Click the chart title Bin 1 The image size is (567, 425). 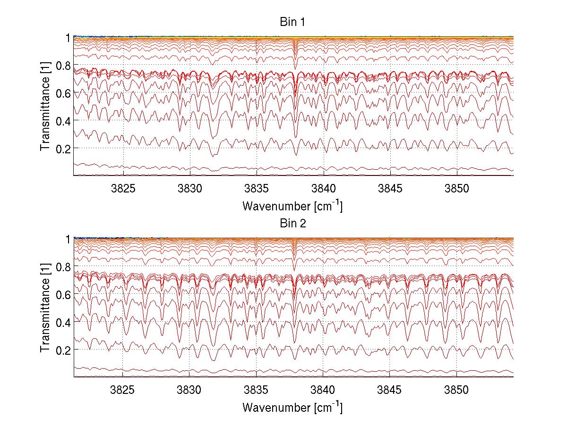tap(293, 22)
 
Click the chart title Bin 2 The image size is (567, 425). tap(293, 224)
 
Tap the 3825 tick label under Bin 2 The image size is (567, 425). tap(123, 389)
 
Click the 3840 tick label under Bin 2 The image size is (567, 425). tap(323, 389)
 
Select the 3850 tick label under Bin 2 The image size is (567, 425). tap(457, 389)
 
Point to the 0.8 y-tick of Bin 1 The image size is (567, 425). tap(62, 65)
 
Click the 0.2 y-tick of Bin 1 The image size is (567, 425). tap(62, 148)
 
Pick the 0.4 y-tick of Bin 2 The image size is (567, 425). tap(62, 322)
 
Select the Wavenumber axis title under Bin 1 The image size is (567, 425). tap(292, 206)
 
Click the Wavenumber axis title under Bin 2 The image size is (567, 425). tap(292, 407)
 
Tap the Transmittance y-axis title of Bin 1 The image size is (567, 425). tap(45, 106)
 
